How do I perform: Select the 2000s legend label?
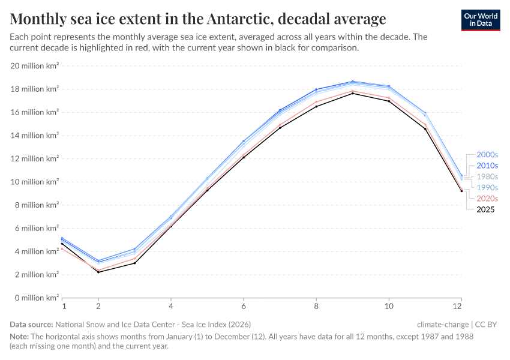487,155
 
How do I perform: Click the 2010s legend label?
487,166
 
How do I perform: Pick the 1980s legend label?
487,176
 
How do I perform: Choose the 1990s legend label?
487,187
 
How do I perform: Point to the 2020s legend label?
487,198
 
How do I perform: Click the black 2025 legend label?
485,209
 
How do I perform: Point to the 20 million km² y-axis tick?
35,66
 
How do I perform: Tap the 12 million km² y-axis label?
35,158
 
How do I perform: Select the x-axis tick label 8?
316,306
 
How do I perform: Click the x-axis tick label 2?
98,306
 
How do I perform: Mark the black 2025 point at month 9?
353,93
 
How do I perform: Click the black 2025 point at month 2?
98,272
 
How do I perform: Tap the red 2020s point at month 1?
62,248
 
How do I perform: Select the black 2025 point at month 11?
425,128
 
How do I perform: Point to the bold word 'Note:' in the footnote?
19,337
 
